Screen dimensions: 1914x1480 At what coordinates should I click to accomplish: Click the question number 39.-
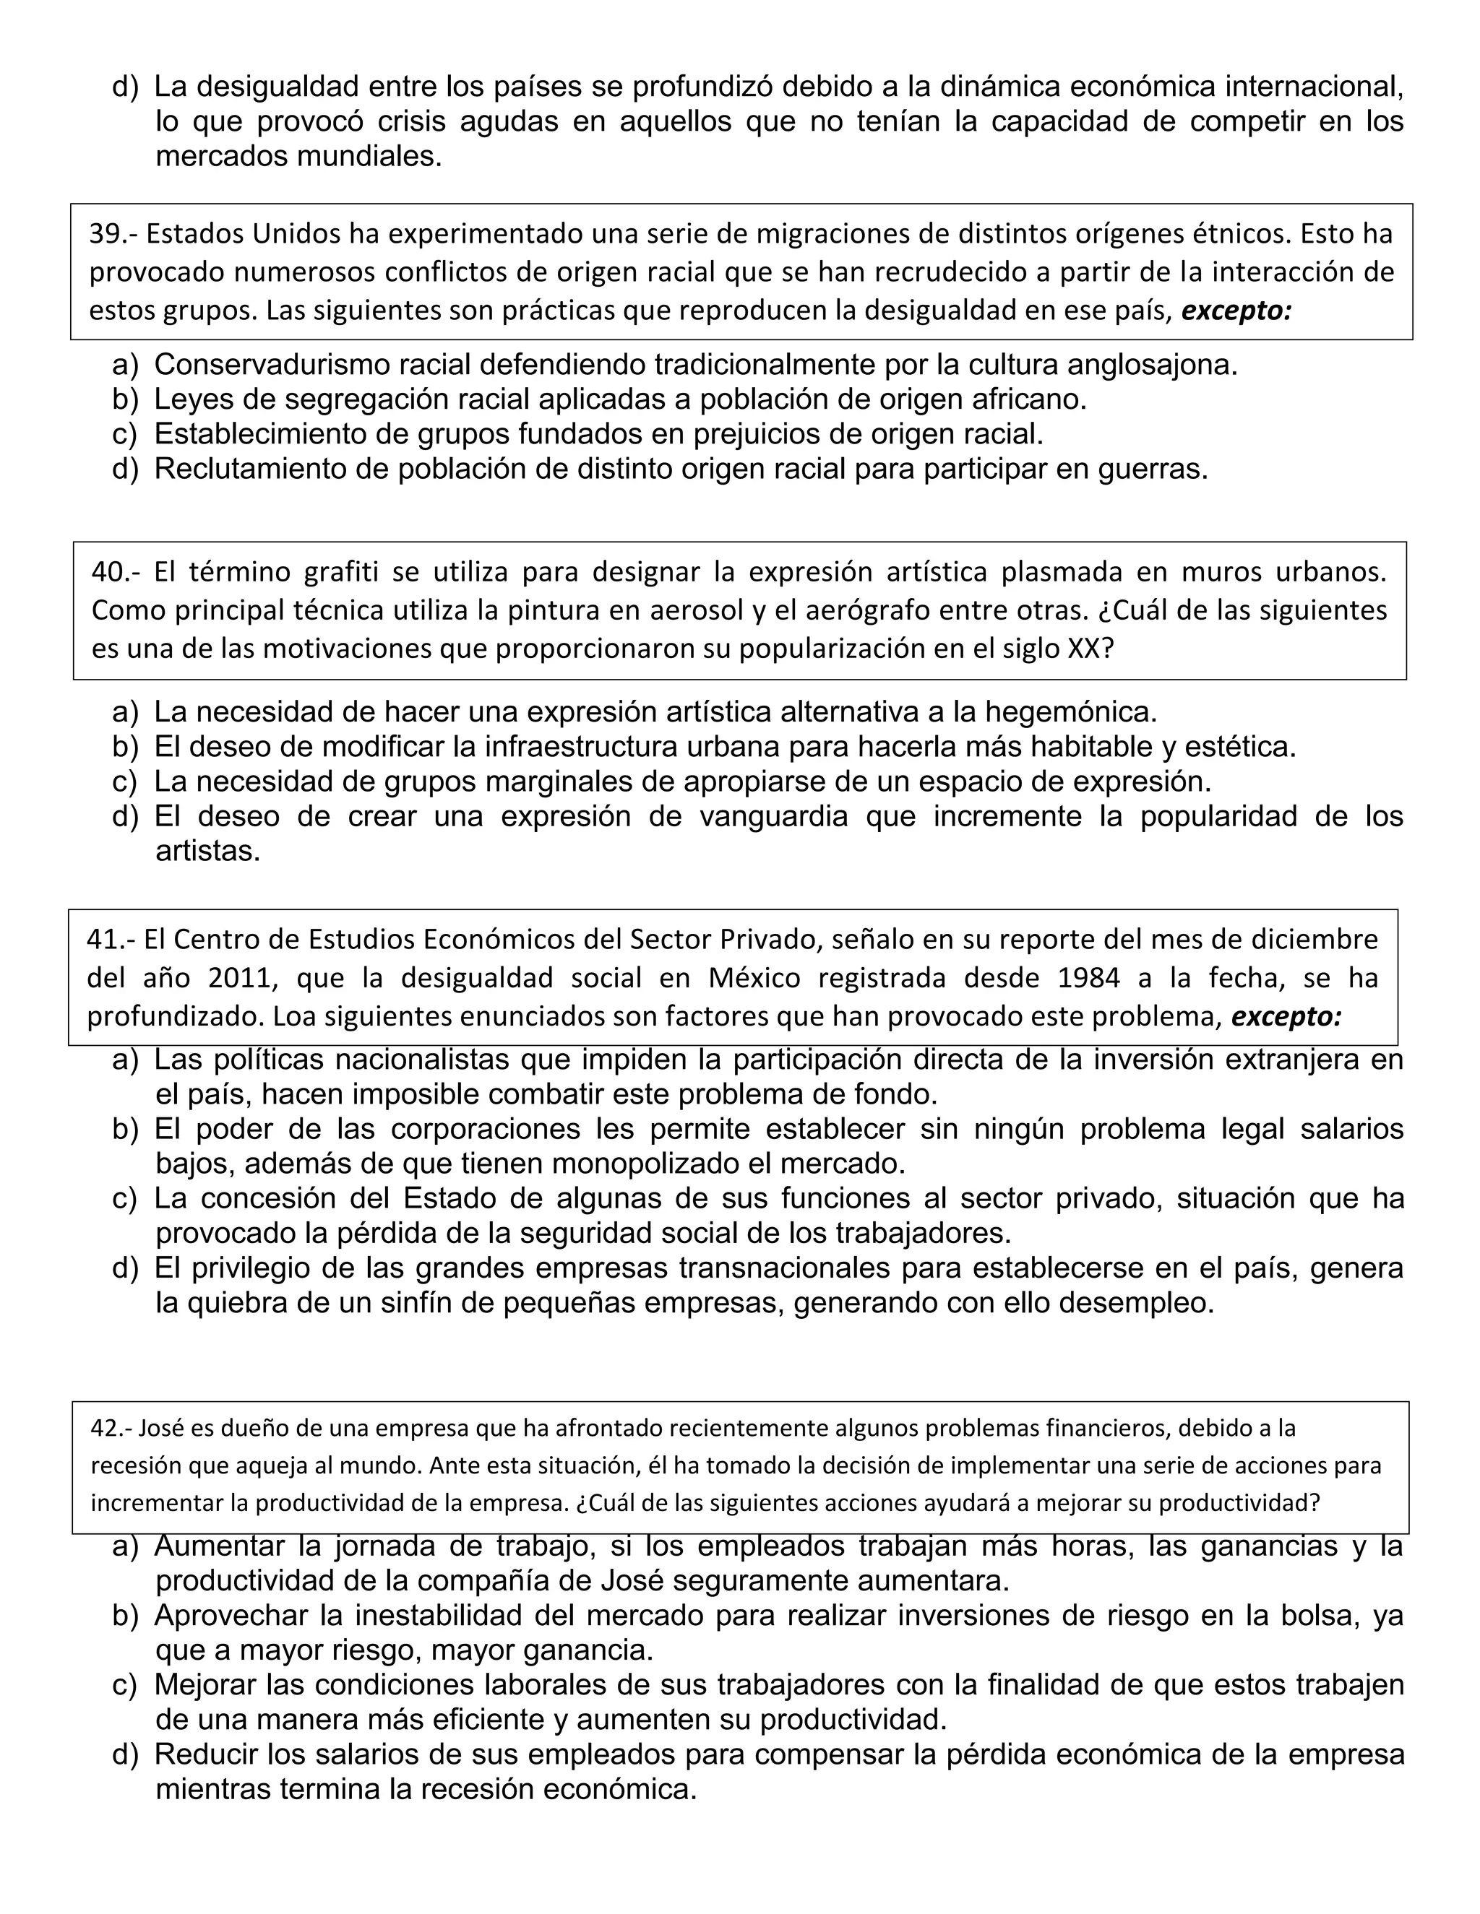(113, 234)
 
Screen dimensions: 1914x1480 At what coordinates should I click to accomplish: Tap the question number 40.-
(115, 572)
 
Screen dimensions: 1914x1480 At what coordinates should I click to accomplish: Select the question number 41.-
(111, 940)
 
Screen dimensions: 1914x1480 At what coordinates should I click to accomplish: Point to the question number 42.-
(111, 1429)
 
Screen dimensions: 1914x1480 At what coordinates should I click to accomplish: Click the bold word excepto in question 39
(1236, 311)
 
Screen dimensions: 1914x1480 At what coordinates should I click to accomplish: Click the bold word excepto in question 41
(1286, 1017)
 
